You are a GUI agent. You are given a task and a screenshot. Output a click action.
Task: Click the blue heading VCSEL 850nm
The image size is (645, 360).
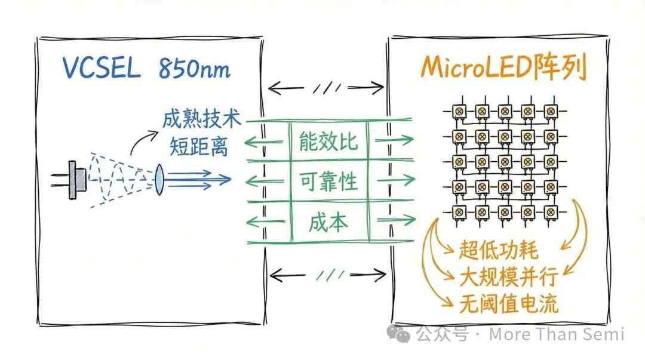point(146,69)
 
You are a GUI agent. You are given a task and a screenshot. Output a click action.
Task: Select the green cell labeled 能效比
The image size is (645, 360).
point(328,141)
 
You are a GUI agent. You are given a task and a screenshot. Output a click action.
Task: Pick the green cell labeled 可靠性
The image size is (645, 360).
point(328,180)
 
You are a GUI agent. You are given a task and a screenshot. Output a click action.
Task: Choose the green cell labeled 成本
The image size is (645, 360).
point(328,222)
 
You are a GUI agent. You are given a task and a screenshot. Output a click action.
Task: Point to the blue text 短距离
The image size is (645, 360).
point(193,146)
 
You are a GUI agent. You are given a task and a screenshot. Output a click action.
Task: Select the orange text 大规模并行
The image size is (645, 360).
point(508,277)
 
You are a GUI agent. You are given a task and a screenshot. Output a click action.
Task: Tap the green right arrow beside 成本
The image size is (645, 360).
point(395,222)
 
